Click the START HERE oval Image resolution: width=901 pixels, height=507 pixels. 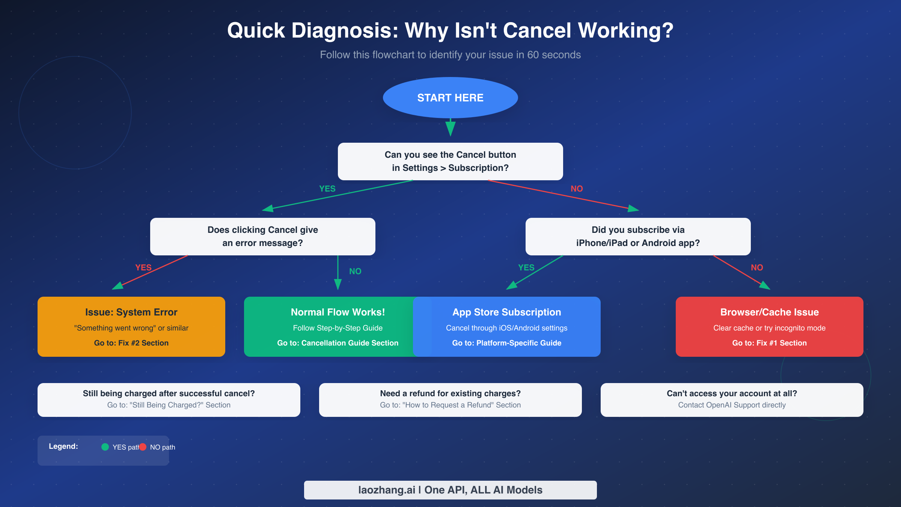point(450,98)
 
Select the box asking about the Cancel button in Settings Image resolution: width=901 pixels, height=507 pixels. point(450,161)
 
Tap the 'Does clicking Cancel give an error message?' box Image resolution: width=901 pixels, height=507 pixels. point(262,237)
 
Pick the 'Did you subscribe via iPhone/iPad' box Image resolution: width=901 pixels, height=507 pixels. point(638,237)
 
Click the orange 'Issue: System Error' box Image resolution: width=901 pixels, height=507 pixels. point(131,326)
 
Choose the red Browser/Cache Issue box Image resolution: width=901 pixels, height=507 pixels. point(769,326)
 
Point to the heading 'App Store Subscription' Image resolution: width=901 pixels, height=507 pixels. point(506,312)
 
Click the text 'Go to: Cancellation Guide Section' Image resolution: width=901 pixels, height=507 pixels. point(337,343)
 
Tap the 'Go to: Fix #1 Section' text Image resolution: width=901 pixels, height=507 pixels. point(769,343)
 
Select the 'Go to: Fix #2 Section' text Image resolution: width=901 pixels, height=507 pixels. point(131,343)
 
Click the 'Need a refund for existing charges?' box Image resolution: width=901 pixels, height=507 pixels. point(450,400)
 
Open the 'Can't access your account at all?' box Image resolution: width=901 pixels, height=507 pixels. point(732,400)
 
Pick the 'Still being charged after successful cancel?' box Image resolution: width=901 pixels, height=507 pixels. point(169,400)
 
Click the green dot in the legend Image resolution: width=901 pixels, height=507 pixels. point(105,447)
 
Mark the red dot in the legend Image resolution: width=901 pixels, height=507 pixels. point(143,447)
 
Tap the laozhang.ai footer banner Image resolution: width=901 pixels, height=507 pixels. point(450,490)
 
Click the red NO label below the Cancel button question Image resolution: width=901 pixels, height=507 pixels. point(577,189)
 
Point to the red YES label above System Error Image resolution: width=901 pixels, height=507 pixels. point(143,267)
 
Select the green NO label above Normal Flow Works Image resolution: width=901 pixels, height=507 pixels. point(355,271)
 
